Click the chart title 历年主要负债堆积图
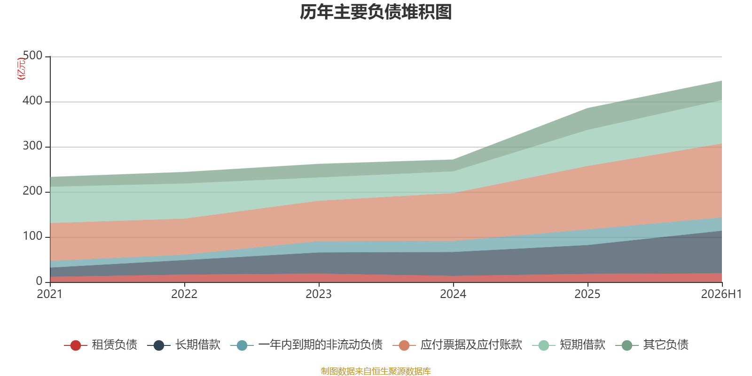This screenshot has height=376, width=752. pyautogui.click(x=376, y=12)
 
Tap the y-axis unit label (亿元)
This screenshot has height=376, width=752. pyautogui.click(x=21, y=69)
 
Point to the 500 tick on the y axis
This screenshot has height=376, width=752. pyautogui.click(x=32, y=55)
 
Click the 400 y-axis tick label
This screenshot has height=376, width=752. pyautogui.click(x=32, y=101)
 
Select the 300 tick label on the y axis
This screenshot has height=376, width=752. pyautogui.click(x=32, y=146)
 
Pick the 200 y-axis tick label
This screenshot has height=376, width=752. pyautogui.click(x=32, y=191)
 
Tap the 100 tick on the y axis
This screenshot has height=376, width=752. pyautogui.click(x=32, y=236)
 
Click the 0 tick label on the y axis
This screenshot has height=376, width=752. pyautogui.click(x=39, y=281)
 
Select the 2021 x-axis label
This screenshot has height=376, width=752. pyautogui.click(x=50, y=294)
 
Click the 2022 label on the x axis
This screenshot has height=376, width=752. pyautogui.click(x=184, y=294)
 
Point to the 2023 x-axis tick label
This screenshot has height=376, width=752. pyautogui.click(x=319, y=294)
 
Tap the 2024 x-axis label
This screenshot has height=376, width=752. pyautogui.click(x=453, y=294)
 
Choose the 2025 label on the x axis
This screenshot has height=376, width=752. pyautogui.click(x=587, y=294)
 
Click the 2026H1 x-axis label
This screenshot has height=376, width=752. pyautogui.click(x=721, y=294)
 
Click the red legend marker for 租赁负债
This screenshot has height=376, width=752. pyautogui.click(x=76, y=345)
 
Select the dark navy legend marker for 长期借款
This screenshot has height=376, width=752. pyautogui.click(x=159, y=345)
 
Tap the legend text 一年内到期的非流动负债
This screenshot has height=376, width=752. pyautogui.click(x=321, y=345)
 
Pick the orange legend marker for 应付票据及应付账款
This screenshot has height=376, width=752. pyautogui.click(x=404, y=345)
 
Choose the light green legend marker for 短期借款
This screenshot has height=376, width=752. pyautogui.click(x=543, y=345)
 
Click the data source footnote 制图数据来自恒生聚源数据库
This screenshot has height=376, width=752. pyautogui.click(x=376, y=371)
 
